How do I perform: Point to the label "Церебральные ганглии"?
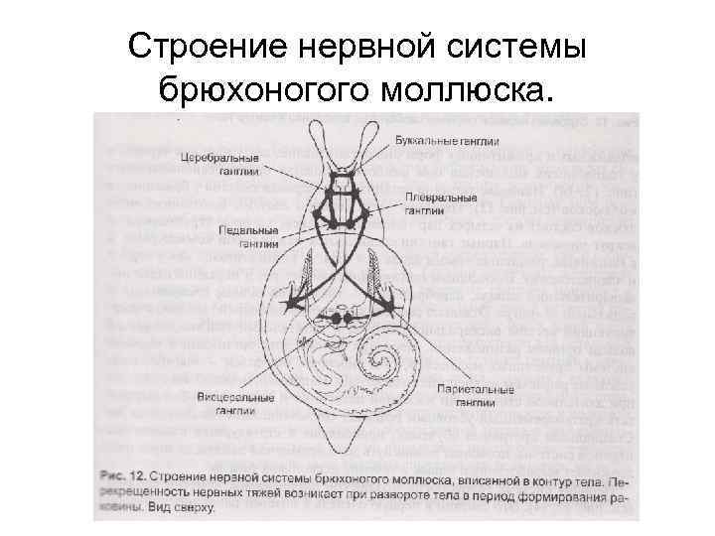[x=219, y=164]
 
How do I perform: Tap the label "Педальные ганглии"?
[x=242, y=235]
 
